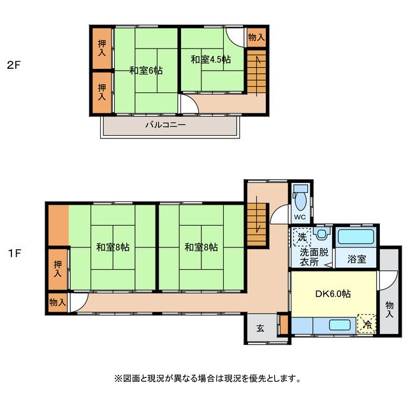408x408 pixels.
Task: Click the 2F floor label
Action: (x=13, y=64)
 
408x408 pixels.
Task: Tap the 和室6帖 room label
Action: (x=146, y=71)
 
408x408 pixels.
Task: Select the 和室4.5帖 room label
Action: (x=211, y=59)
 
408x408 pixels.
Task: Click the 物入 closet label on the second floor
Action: (x=256, y=38)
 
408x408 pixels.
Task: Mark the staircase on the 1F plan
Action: (x=256, y=224)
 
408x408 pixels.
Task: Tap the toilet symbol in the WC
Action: (x=300, y=198)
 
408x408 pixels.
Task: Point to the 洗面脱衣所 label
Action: (x=314, y=256)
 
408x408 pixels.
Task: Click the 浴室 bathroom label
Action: (x=356, y=259)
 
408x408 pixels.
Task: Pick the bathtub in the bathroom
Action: (x=356, y=237)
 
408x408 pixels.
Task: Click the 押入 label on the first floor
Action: (x=58, y=268)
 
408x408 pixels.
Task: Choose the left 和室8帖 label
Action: (x=113, y=247)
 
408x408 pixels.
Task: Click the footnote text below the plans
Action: (x=207, y=378)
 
